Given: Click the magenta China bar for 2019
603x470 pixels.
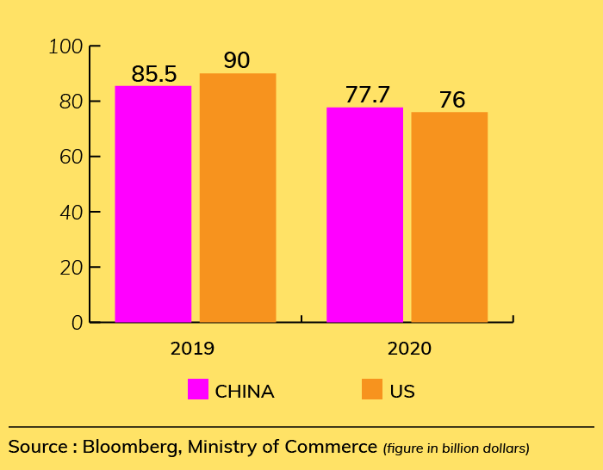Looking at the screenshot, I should [153, 204].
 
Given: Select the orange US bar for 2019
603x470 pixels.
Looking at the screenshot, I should [238, 198].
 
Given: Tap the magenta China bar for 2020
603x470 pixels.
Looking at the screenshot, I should [364, 215].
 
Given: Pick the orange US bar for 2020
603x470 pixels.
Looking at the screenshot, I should [449, 217].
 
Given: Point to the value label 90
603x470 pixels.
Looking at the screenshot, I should [237, 61].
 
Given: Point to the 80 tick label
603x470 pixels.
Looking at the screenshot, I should [70, 102].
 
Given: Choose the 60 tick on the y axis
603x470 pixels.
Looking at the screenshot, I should [70, 157].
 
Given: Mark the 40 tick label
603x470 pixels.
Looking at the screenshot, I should [70, 212].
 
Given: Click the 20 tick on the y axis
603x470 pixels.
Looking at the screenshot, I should [70, 267].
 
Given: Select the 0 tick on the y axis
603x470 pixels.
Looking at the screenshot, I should [77, 323].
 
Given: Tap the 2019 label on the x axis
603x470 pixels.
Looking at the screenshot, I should [192, 349].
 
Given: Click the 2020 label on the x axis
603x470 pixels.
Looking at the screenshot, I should [409, 349].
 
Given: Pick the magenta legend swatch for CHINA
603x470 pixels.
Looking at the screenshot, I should [198, 390].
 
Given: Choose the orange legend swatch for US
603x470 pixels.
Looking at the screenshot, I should [372, 390].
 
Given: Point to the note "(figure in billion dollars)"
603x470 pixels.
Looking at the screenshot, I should [456, 448].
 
